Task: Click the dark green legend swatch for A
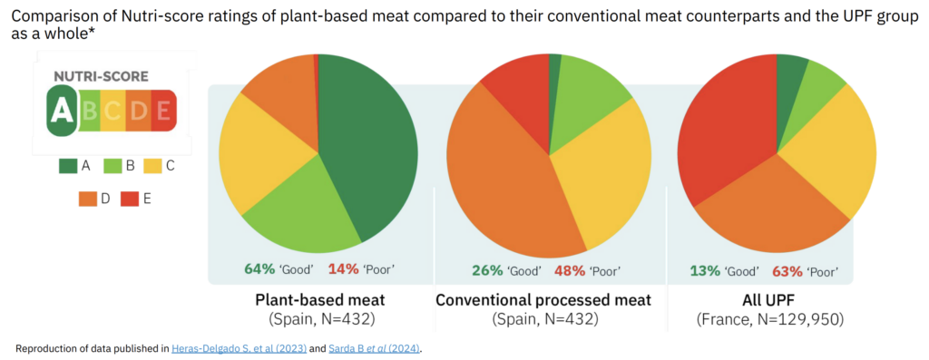pos(68,165)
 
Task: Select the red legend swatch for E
pos(129,199)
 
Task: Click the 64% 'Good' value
pos(259,269)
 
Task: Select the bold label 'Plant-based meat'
pos(318,300)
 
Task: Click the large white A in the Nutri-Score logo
pos(61,111)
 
